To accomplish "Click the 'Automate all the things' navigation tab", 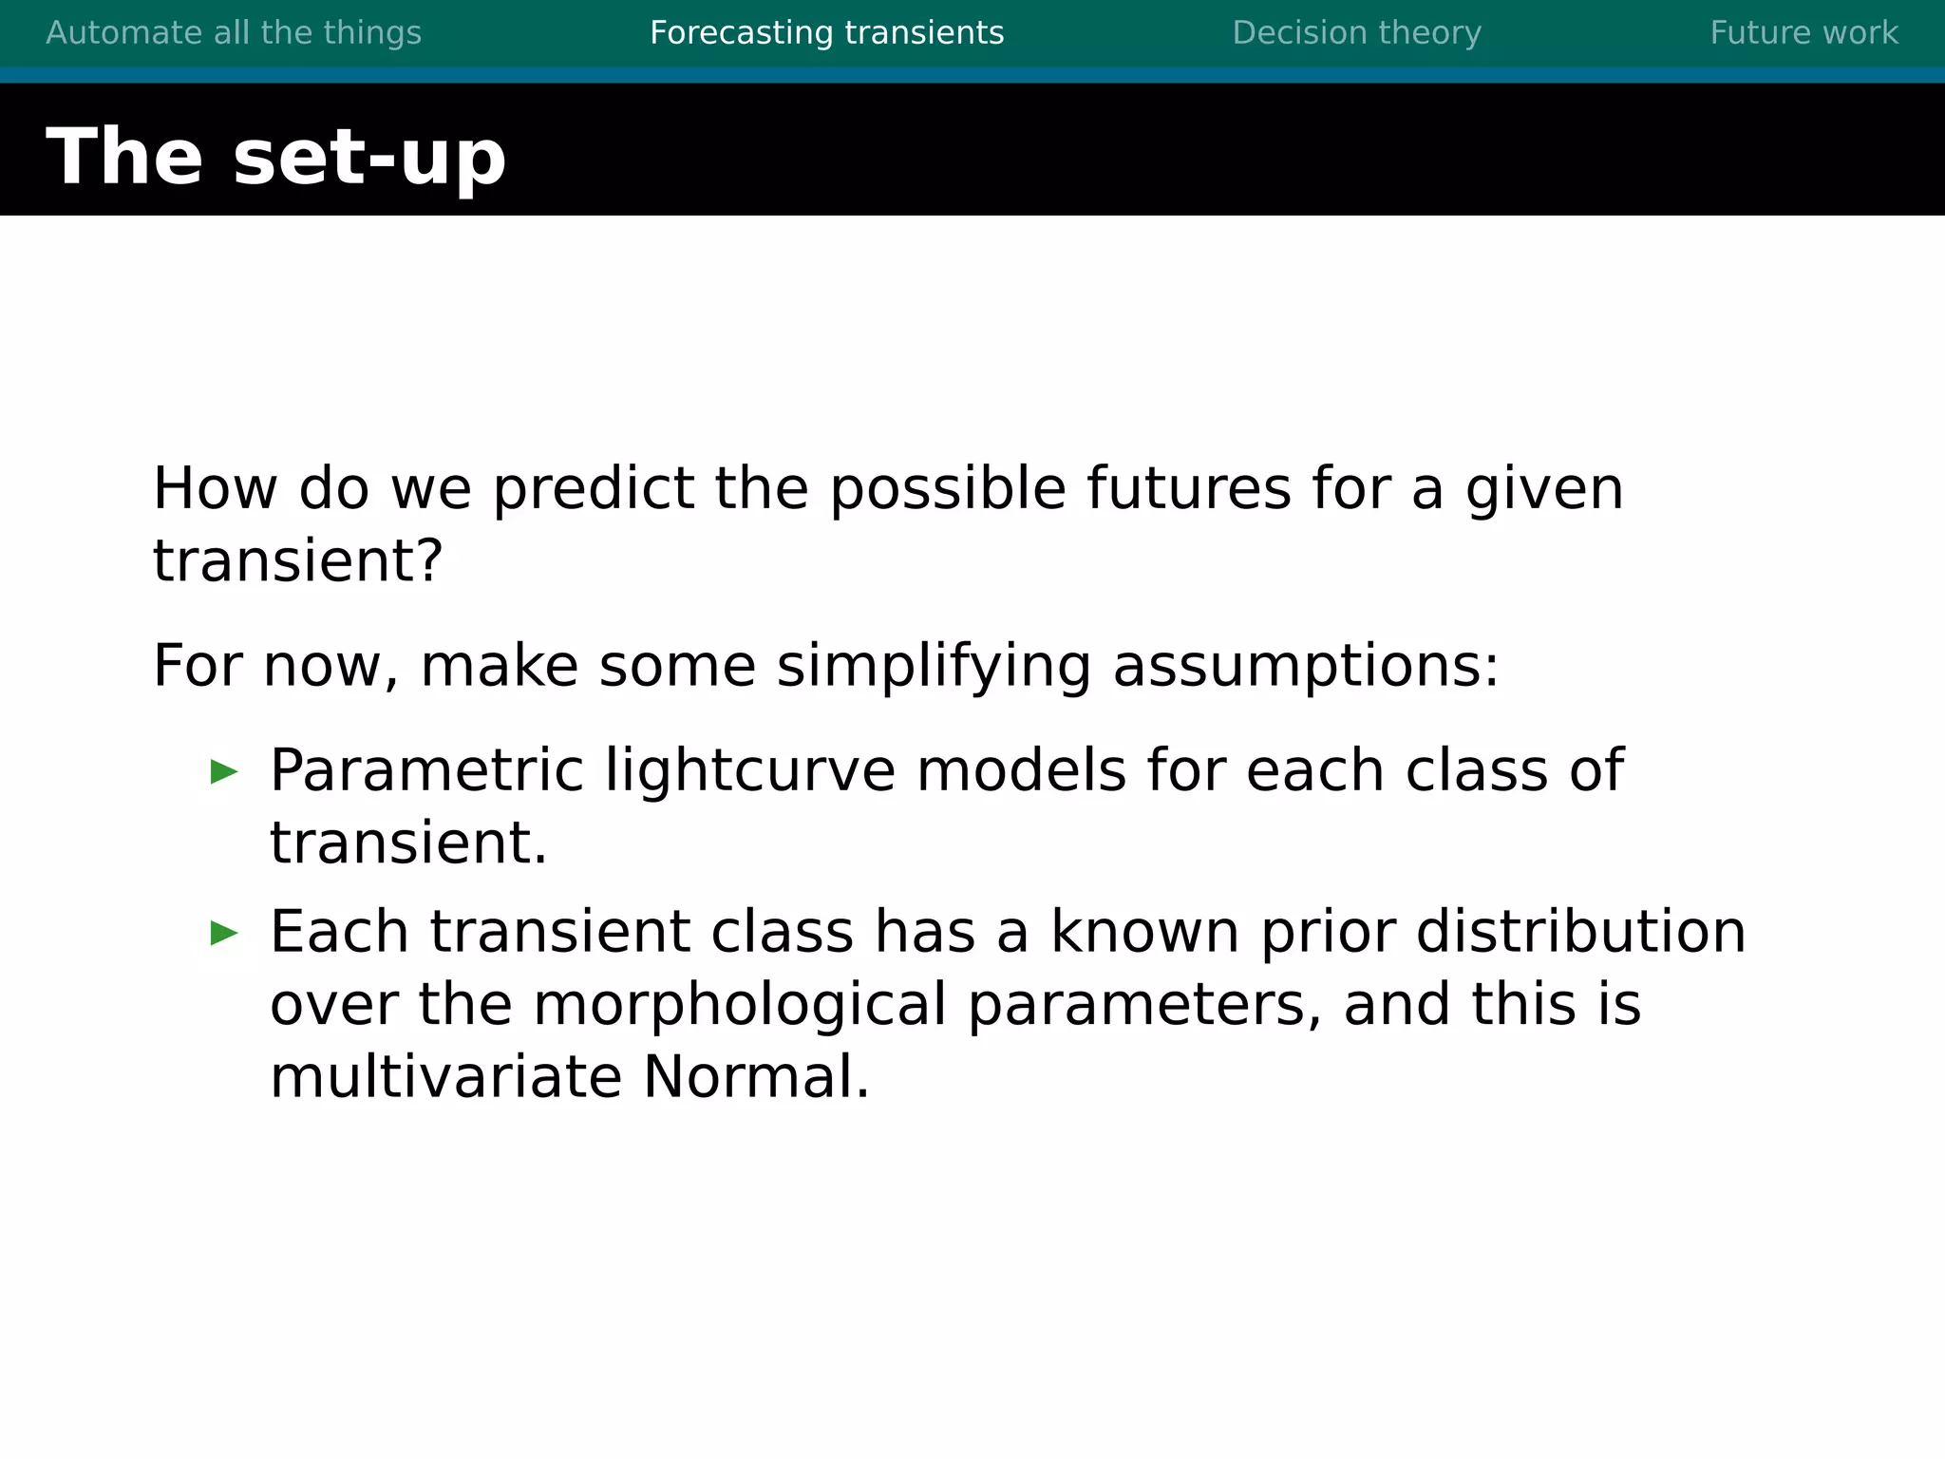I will point(234,33).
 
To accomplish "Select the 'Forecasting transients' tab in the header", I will point(826,33).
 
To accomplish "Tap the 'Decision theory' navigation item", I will point(1356,33).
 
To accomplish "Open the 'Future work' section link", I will point(1803,33).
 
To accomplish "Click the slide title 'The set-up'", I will point(275,157).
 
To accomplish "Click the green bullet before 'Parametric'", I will point(224,771).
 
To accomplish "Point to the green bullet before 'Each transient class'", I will point(224,933).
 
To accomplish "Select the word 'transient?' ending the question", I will point(298,561).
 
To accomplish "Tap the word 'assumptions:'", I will point(1305,666).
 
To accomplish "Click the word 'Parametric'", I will point(426,770).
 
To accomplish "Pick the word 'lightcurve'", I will point(749,770).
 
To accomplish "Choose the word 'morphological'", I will point(740,1005).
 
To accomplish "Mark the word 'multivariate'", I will point(445,1078).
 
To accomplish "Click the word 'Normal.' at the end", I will point(756,1078).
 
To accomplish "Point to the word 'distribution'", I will point(1580,932).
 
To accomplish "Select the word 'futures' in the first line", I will point(1188,489).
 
